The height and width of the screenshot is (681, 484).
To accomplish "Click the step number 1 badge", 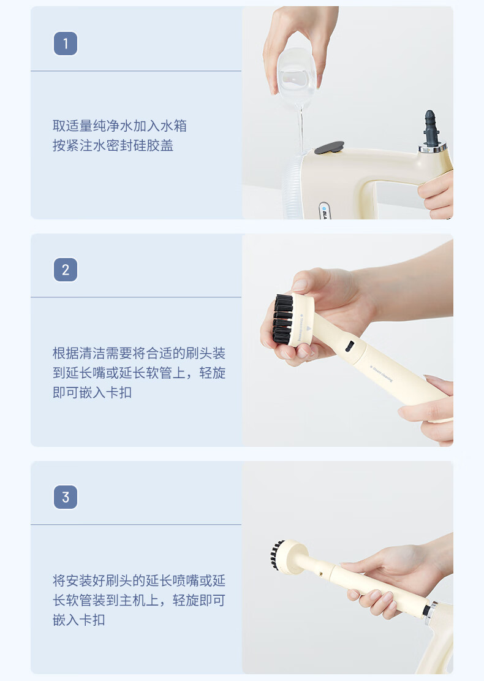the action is (x=66, y=44).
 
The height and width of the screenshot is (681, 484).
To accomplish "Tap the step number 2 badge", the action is (x=66, y=270).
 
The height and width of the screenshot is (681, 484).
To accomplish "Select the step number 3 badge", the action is (x=66, y=497).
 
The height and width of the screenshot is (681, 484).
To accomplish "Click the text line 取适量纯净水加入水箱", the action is (x=120, y=126).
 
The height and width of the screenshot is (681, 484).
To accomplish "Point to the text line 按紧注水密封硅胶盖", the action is (x=113, y=145).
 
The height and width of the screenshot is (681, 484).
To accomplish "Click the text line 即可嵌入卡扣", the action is (x=92, y=393).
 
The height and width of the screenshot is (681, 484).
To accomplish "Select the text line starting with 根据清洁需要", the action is (x=139, y=353).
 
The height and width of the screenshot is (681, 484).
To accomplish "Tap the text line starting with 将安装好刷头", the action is (x=139, y=580).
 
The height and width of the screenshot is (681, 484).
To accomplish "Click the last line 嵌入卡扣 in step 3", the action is (x=78, y=620).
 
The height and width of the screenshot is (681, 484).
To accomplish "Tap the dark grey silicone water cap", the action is (x=329, y=148).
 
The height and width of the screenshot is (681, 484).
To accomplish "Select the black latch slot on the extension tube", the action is (x=349, y=346).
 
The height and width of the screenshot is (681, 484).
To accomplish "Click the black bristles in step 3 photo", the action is (x=276, y=555).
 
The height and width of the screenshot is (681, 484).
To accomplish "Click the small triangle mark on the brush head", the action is (x=309, y=329).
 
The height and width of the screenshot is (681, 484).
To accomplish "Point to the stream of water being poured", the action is (x=300, y=131).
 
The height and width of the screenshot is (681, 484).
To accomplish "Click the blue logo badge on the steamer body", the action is (x=325, y=210).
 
